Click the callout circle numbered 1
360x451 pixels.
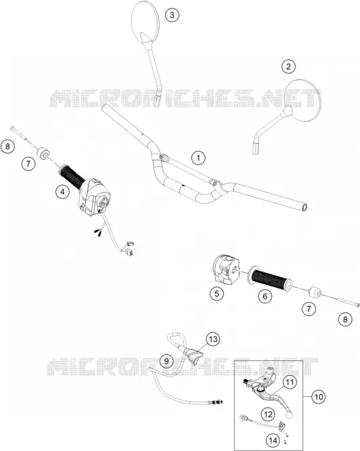tap(198, 158)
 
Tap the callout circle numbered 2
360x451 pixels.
tap(288, 66)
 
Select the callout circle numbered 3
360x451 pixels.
tap(172, 14)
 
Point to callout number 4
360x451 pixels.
tap(63, 192)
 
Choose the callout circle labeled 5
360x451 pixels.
tap(217, 293)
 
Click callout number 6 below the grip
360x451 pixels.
tap(265, 296)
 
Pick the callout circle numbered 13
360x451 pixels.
tap(213, 339)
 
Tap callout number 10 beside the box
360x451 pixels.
tap(318, 397)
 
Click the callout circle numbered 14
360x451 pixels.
tap(273, 440)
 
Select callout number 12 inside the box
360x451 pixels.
tap(268, 414)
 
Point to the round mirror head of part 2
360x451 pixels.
tap(304, 100)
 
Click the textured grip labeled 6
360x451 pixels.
tap(271, 278)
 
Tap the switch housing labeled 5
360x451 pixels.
tap(226, 270)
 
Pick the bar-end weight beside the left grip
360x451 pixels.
tap(44, 153)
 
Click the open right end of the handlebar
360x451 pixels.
tap(305, 207)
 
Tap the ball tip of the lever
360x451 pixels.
tap(288, 414)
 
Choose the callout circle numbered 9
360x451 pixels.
tap(167, 361)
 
